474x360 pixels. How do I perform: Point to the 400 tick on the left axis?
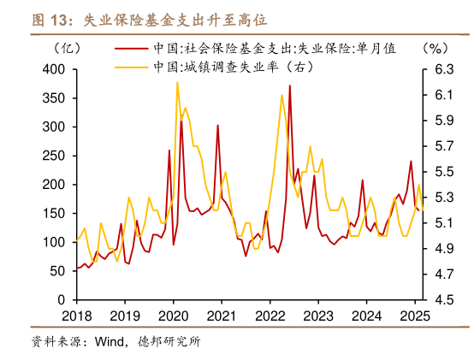click(54, 68)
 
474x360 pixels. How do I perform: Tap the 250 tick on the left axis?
click(54, 156)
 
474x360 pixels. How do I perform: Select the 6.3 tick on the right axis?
click(440, 68)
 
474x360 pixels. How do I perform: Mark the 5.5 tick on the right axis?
click(440, 171)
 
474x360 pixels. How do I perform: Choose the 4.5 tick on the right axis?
click(440, 300)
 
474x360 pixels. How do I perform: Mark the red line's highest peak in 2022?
click(290, 86)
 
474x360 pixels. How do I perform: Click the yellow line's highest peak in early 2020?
click(177, 83)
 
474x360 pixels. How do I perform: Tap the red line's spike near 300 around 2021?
click(217, 125)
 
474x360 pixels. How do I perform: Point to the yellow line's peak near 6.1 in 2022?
click(282, 95)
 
